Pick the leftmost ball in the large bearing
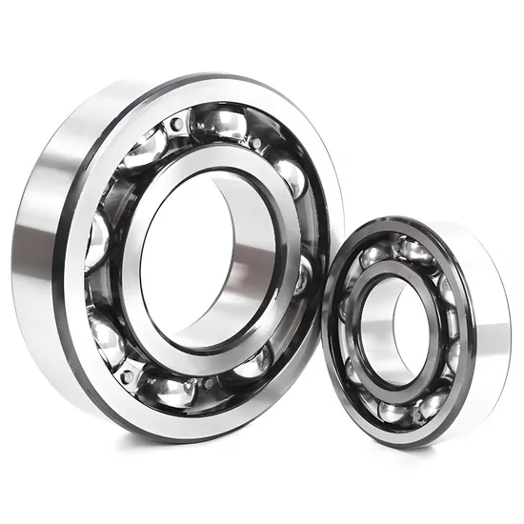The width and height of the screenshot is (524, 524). [x=97, y=238]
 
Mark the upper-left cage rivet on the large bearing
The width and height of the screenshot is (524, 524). [x=177, y=124]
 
